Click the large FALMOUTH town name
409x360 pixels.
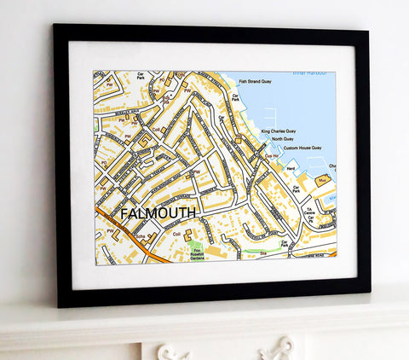(x=158, y=212)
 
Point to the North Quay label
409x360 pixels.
(x=282, y=139)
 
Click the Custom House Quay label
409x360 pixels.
(x=298, y=148)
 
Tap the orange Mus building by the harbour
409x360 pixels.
(x=323, y=180)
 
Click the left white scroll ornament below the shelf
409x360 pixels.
(x=173, y=352)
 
